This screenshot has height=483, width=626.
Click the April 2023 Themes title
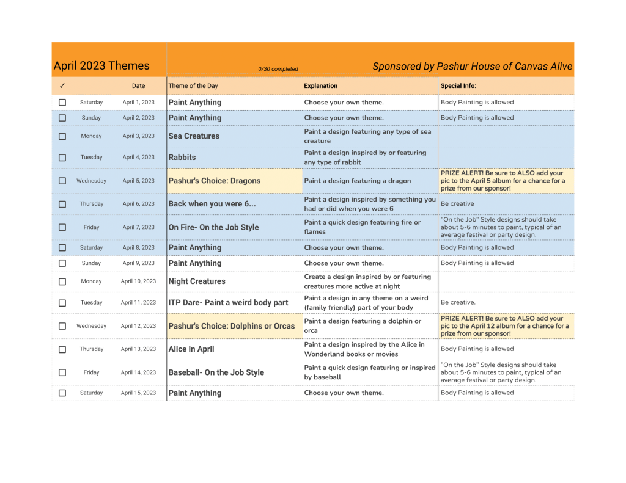tap(101, 66)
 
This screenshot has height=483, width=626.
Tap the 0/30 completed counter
tap(278, 69)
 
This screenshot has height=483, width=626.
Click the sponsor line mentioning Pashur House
tap(472, 67)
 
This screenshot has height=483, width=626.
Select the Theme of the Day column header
tap(193, 86)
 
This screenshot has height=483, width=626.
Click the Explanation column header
tap(320, 86)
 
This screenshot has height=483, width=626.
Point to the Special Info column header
tap(458, 86)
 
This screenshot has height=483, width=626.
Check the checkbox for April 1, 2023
tap(62, 103)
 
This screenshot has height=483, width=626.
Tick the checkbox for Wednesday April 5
tap(62, 181)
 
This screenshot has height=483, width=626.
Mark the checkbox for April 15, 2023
tap(62, 393)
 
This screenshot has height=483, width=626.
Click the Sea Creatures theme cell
tap(194, 136)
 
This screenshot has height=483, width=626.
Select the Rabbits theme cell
tap(182, 158)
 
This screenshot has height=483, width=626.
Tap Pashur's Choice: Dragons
tap(215, 181)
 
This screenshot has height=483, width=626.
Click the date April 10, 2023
tap(138, 281)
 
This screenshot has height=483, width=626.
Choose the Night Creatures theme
tap(197, 281)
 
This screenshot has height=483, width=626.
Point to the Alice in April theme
tap(191, 349)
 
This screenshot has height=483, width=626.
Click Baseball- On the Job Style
tap(216, 372)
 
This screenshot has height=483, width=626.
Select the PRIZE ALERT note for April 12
tap(505, 326)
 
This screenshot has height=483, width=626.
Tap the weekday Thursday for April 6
tap(91, 204)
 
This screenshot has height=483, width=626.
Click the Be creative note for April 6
tap(457, 204)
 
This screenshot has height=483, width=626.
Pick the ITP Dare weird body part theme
tap(228, 303)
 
